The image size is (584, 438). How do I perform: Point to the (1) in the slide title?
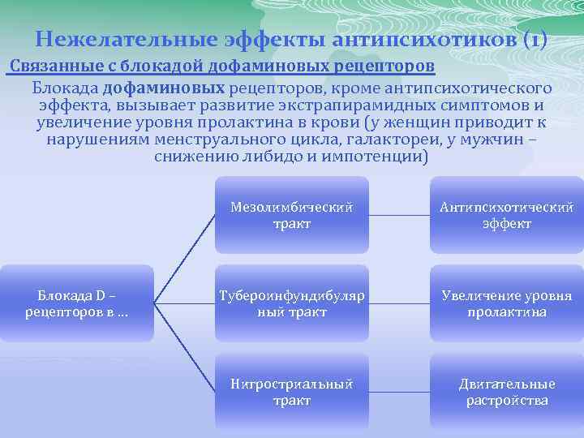[535, 38]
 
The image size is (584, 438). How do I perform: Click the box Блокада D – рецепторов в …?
[76, 303]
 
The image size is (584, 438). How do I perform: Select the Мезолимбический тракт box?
[292, 215]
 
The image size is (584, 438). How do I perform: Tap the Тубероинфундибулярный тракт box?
[292, 303]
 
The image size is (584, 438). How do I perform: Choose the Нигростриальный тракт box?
[292, 392]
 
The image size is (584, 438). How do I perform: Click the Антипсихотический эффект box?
[506, 215]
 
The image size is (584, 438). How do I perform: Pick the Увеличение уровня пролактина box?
[506, 303]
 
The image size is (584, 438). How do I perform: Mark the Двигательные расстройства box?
[506, 392]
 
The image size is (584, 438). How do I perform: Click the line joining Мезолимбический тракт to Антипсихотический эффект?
[399, 216]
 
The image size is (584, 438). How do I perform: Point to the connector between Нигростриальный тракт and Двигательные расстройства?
[399, 393]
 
